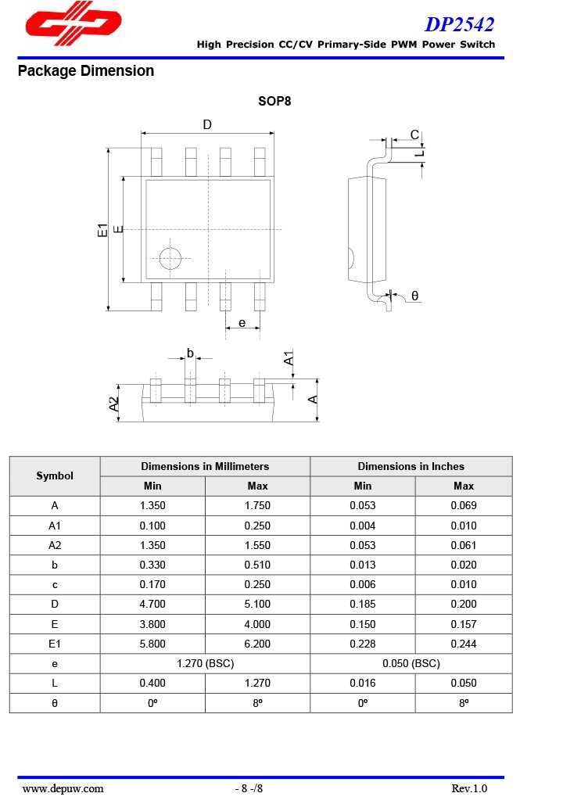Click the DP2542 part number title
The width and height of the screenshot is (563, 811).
[460, 24]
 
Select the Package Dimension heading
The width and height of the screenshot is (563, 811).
[86, 71]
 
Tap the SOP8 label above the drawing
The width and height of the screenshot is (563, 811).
[275, 102]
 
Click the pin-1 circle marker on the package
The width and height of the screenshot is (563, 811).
[170, 259]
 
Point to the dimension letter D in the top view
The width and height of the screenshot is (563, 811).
[207, 125]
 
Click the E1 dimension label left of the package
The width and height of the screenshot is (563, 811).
[102, 230]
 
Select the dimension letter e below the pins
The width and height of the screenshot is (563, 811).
[242, 322]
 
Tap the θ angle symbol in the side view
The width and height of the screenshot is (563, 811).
[414, 296]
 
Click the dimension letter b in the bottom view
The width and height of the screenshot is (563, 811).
[190, 353]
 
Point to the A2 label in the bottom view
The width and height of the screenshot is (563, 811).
[114, 404]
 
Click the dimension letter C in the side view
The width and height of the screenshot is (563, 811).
[414, 135]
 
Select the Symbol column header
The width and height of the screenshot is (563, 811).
[55, 475]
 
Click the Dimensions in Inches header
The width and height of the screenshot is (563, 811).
[411, 466]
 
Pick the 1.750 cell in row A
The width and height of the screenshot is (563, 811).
[257, 505]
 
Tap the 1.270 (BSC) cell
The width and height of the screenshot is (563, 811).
[205, 663]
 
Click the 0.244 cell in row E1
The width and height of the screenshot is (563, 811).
[463, 644]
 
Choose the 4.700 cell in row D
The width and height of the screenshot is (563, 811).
[152, 604]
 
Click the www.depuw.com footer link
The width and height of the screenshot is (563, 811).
[63, 788]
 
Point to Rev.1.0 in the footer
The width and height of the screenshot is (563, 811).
[469, 788]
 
